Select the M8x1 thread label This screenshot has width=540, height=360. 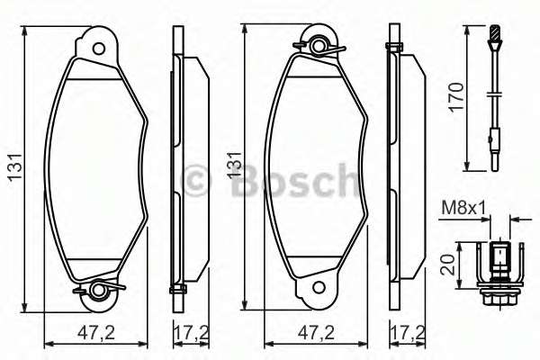click(x=458, y=209)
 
